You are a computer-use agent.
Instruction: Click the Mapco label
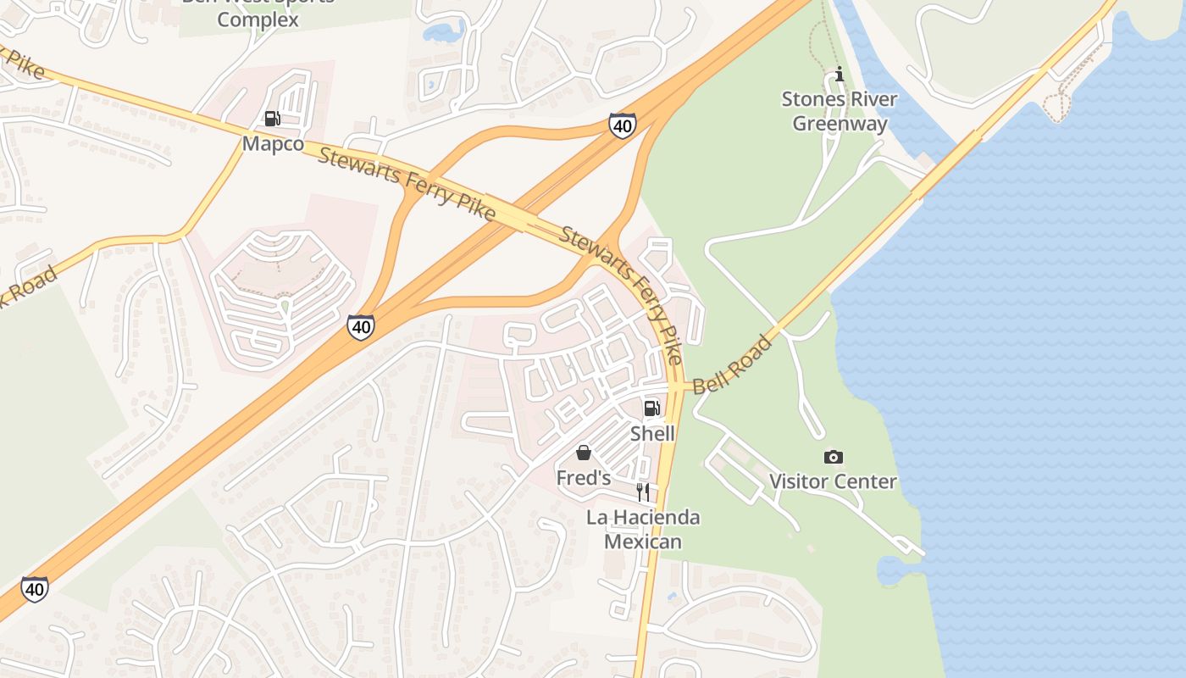(273, 143)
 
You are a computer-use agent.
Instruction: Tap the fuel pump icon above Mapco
(272, 119)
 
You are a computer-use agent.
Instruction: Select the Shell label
(652, 433)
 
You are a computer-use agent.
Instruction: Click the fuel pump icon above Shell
(651, 408)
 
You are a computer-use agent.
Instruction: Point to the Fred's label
(583, 478)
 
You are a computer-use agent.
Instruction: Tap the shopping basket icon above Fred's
(584, 453)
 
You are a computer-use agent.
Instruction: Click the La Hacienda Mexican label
(643, 529)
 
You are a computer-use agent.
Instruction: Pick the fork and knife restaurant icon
(643, 492)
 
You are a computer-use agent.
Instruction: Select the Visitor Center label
(833, 481)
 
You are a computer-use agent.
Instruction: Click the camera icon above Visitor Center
(833, 457)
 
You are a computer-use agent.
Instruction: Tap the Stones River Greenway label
(840, 111)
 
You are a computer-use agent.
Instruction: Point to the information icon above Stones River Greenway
(840, 75)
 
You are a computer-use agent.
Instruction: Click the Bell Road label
(732, 364)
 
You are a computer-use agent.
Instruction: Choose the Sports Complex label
(258, 19)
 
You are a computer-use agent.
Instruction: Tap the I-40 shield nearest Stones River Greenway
(622, 125)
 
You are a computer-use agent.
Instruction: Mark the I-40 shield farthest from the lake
(34, 588)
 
